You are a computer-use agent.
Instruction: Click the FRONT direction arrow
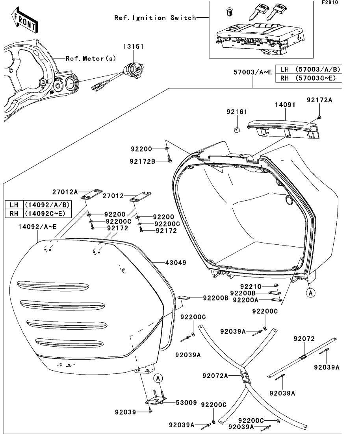click(x=24, y=22)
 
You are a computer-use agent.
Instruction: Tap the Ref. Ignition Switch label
click(x=155, y=18)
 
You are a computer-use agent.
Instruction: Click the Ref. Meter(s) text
click(x=91, y=59)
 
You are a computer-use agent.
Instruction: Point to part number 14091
click(x=285, y=106)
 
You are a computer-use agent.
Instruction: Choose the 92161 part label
click(x=237, y=112)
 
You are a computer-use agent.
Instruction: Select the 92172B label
click(x=143, y=161)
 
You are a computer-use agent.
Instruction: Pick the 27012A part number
click(x=65, y=192)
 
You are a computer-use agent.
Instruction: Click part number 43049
click(x=176, y=262)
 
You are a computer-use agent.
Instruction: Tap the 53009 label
click(x=176, y=403)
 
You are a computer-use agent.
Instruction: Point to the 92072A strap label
click(x=215, y=376)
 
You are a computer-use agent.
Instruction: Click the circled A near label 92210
click(x=311, y=293)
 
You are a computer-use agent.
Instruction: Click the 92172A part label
click(x=319, y=100)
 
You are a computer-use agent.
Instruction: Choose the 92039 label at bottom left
click(x=125, y=412)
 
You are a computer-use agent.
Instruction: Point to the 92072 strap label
click(x=304, y=338)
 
